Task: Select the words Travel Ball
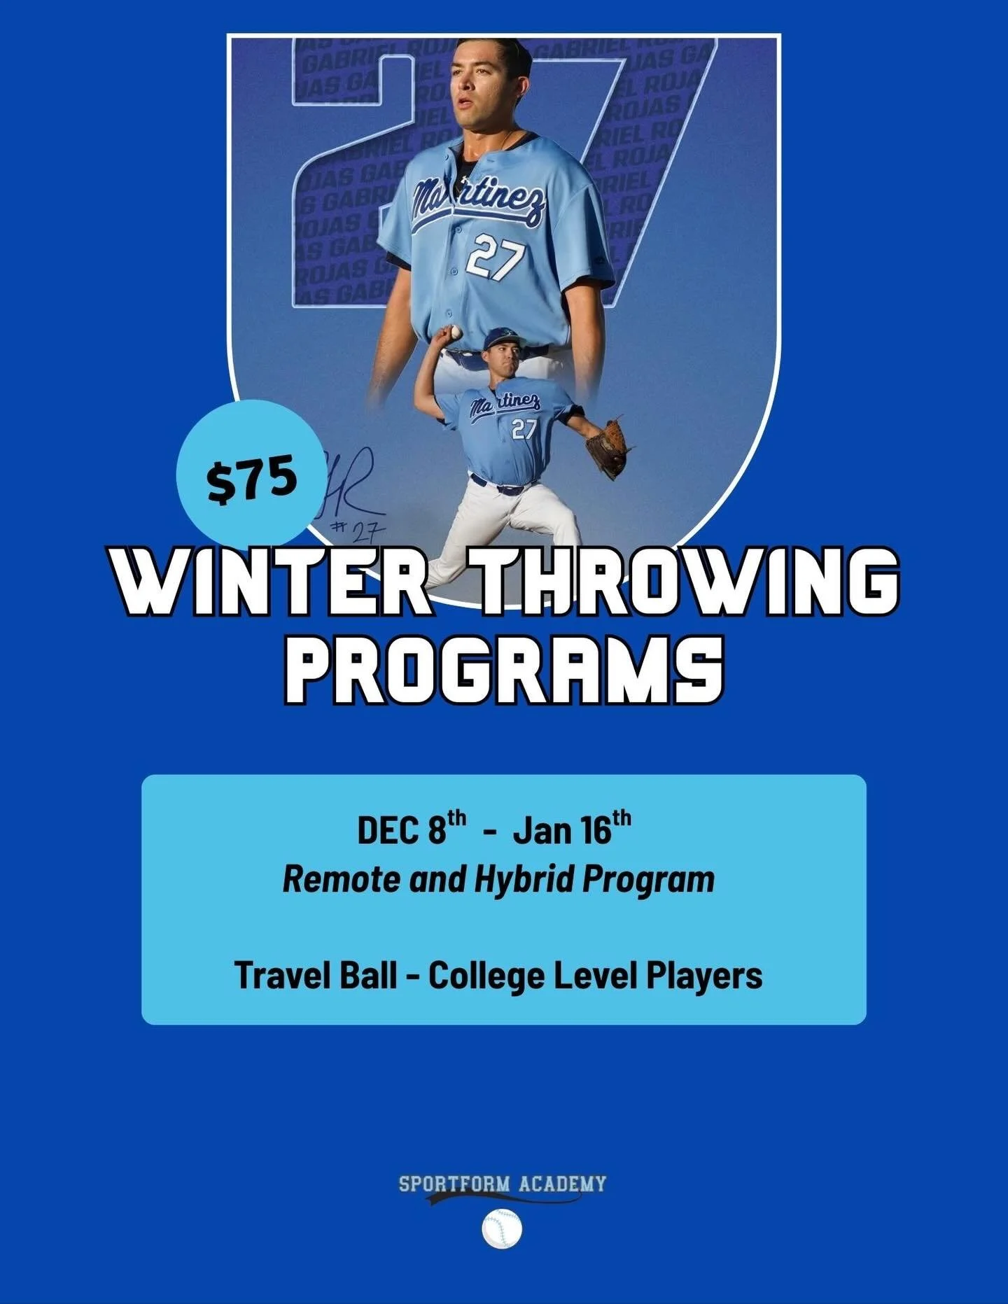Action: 315,975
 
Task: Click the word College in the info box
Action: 486,975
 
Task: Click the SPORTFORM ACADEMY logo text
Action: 503,1184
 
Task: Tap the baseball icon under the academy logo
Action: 502,1228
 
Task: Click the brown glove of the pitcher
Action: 607,447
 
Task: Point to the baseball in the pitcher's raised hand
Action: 456,332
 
